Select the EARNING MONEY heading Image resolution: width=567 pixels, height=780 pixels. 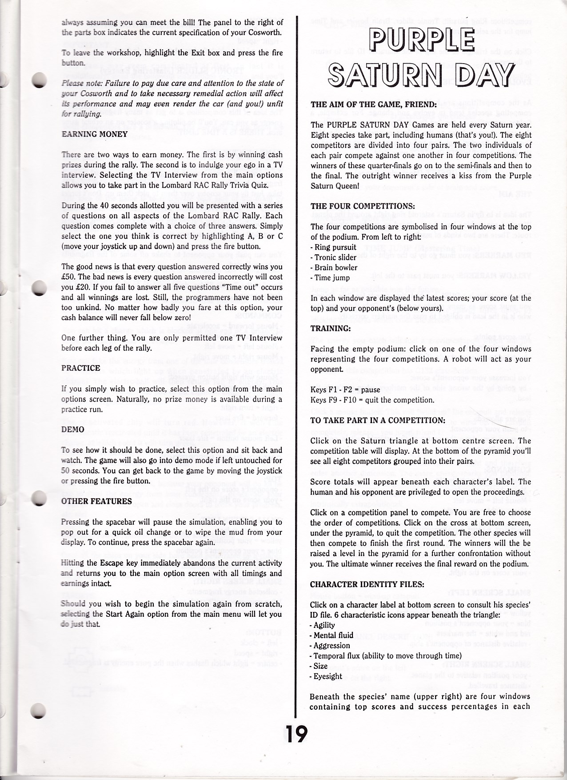coord(95,134)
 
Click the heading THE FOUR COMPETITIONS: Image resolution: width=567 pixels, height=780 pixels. coord(363,207)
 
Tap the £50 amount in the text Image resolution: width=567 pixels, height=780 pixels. coord(68,277)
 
